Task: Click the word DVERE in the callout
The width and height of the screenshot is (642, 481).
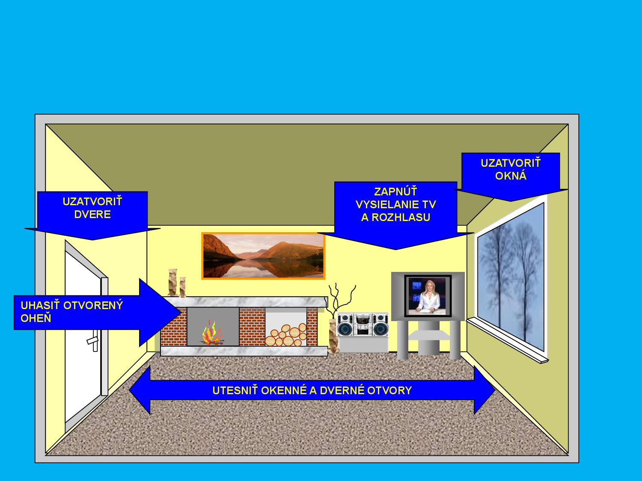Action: (92, 214)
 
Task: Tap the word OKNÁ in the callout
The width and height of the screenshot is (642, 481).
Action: (511, 176)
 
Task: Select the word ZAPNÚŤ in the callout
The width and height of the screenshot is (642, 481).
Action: (395, 192)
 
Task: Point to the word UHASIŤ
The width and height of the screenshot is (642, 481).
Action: (40, 305)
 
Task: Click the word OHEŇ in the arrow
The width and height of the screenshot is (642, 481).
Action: (36, 319)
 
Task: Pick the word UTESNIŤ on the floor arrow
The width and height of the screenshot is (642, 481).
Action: (235, 390)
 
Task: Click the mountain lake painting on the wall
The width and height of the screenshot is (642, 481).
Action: (263, 256)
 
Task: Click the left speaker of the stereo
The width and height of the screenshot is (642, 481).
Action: (345, 325)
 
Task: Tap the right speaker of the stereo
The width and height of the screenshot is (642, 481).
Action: (380, 325)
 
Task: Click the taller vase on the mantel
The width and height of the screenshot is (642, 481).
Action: (172, 283)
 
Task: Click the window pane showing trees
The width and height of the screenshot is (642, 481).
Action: (511, 276)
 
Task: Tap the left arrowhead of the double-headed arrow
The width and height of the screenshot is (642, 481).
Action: (140, 390)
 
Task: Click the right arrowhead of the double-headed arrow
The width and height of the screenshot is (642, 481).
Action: (484, 390)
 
